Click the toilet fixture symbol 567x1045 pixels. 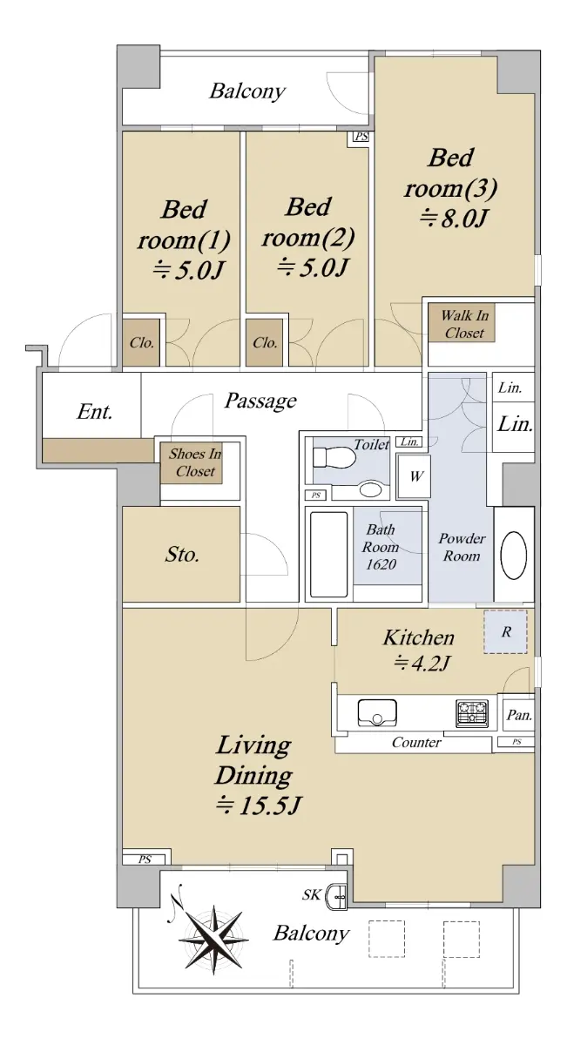coord(334,458)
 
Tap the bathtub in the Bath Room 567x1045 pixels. coord(329,555)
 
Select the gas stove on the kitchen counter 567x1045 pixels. coord(472,714)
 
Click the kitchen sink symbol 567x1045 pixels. coord(377,713)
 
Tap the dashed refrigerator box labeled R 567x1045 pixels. coord(505,631)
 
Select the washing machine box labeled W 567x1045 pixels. coord(416,476)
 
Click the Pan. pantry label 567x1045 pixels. coord(519,715)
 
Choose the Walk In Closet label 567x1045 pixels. coord(464,324)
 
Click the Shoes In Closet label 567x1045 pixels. coord(195,462)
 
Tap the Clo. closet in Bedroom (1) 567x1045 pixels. coord(141,343)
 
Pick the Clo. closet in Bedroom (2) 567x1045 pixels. coord(265,343)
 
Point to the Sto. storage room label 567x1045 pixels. coord(181,554)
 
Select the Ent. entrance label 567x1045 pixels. coord(94,412)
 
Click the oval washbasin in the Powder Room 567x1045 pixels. coord(513,556)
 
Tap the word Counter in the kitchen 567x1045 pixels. coord(416,742)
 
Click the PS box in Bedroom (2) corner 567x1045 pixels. coord(361,137)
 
